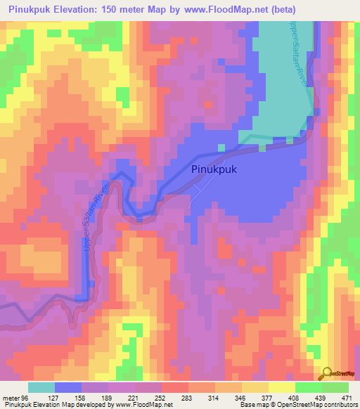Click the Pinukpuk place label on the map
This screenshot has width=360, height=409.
(214, 169)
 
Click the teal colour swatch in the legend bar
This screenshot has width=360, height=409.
(41, 387)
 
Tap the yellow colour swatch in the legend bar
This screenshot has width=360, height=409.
(282, 387)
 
